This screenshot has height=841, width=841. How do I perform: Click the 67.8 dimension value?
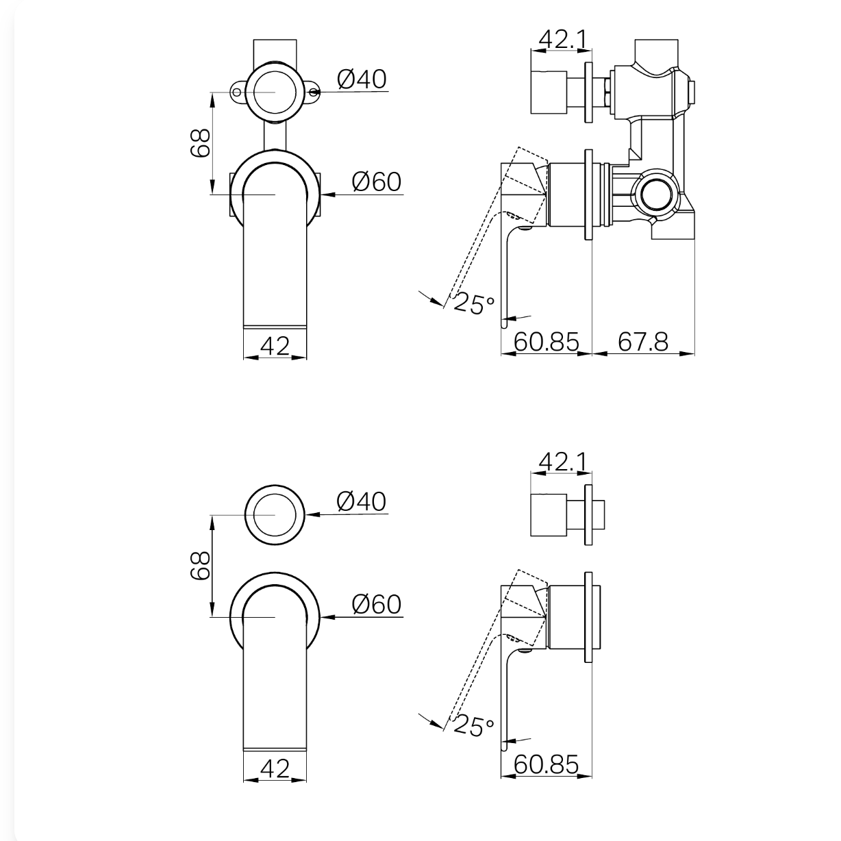tap(643, 342)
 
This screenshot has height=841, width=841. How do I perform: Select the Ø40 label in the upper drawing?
tap(362, 79)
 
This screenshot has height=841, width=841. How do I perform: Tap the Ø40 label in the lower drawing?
tap(362, 501)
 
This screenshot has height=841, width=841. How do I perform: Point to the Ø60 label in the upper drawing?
tap(377, 181)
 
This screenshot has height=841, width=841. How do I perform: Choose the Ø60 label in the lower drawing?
tap(377, 604)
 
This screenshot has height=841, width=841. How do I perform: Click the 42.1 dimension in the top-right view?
tap(563, 39)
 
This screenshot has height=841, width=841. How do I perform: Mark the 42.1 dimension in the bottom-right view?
tap(563, 462)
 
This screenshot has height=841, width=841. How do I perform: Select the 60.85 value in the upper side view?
tap(547, 342)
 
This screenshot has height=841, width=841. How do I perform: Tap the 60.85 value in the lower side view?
tap(547, 764)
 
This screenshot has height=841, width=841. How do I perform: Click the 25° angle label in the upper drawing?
tap(474, 304)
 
